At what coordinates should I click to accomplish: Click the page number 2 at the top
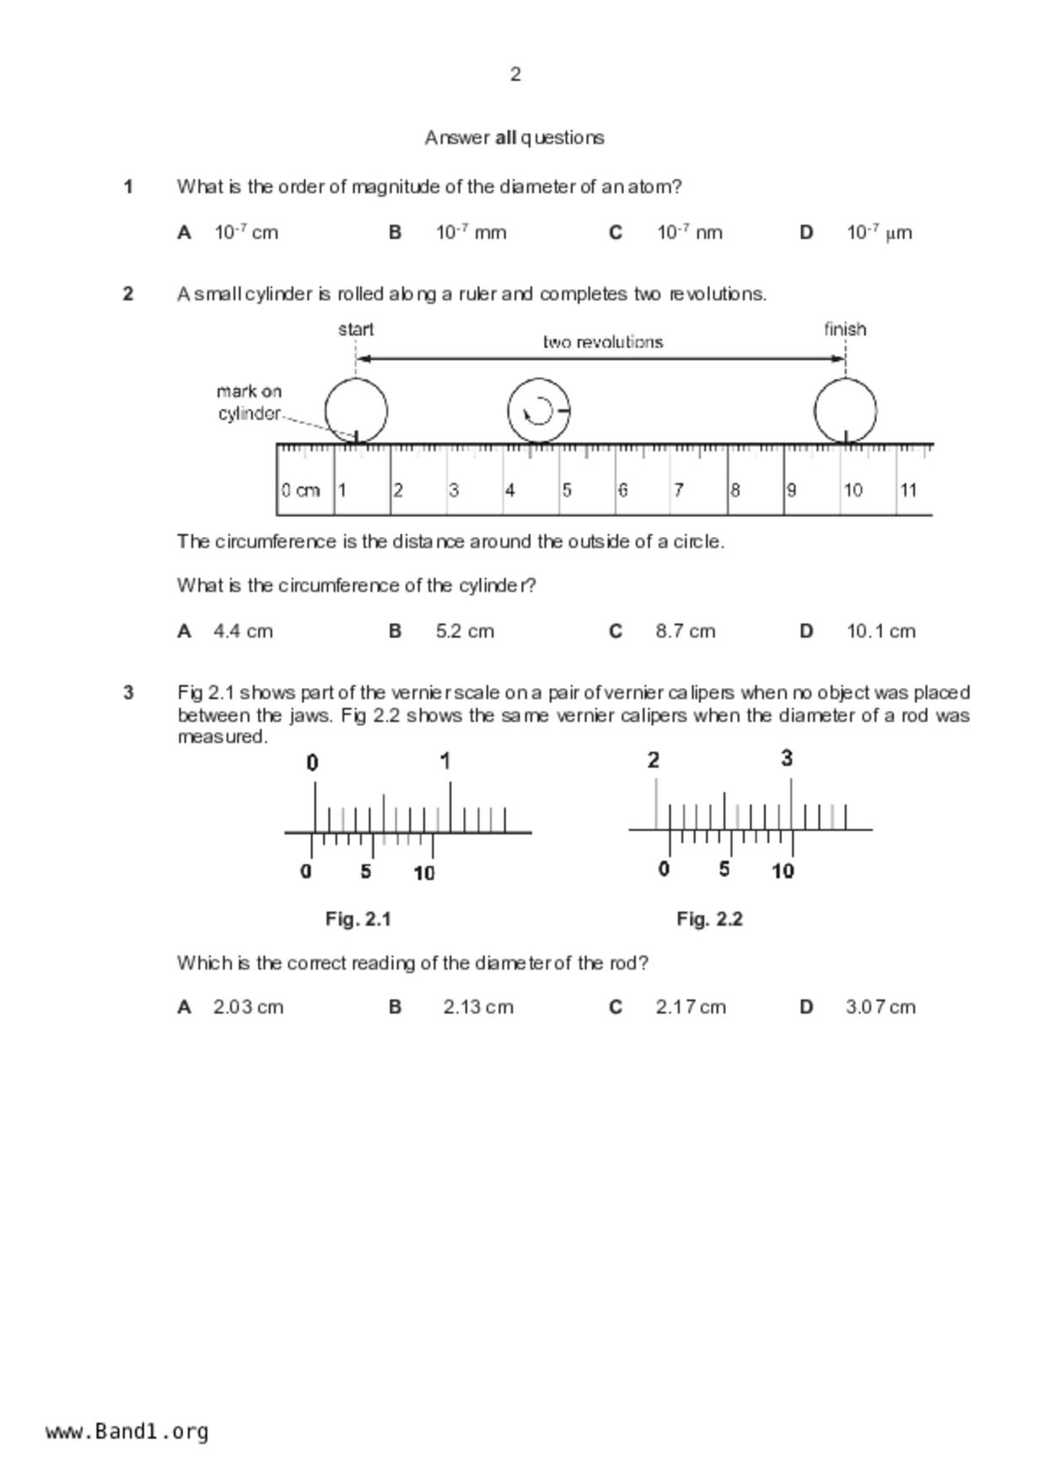click(x=515, y=75)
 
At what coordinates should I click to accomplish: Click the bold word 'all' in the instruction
click(x=505, y=137)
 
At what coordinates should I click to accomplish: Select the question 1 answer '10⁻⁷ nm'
click(x=689, y=233)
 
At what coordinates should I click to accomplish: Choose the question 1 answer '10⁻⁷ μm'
click(x=879, y=233)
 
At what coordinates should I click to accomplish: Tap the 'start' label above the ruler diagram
click(x=356, y=330)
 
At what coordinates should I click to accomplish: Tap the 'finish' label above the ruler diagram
click(x=845, y=330)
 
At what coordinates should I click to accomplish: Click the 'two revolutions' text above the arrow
click(x=603, y=342)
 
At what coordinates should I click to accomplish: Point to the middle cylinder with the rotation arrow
click(x=538, y=411)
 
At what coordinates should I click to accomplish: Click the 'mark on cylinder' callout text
click(x=250, y=402)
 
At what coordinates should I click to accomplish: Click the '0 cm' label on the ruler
click(x=300, y=490)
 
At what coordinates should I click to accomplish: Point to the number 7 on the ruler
click(x=678, y=490)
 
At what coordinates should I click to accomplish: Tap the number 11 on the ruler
click(x=908, y=490)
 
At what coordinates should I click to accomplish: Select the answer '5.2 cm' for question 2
click(x=464, y=632)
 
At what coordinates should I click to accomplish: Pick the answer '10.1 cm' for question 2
click(x=881, y=632)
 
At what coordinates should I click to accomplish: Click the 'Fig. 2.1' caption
click(x=358, y=919)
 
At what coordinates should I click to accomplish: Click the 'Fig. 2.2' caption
click(x=709, y=919)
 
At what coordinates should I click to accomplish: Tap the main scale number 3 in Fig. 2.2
click(x=787, y=759)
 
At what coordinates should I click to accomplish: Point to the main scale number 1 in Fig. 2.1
click(x=445, y=761)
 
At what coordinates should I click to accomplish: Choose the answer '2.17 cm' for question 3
click(x=690, y=1007)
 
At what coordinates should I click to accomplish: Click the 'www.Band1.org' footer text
click(x=127, y=1432)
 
